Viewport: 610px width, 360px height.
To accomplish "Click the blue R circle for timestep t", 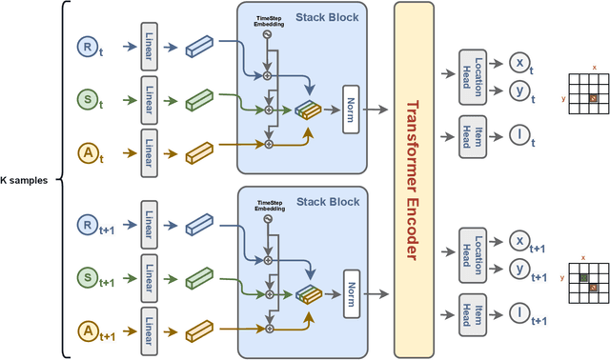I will tap(86, 46).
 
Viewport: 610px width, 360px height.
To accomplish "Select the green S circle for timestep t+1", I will tap(86, 277).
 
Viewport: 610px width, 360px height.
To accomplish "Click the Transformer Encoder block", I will tap(414, 180).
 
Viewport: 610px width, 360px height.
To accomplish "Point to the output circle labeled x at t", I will tap(519, 62).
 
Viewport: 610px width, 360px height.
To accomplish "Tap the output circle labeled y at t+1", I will tap(519, 271).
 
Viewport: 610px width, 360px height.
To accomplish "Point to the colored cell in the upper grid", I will tap(592, 98).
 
